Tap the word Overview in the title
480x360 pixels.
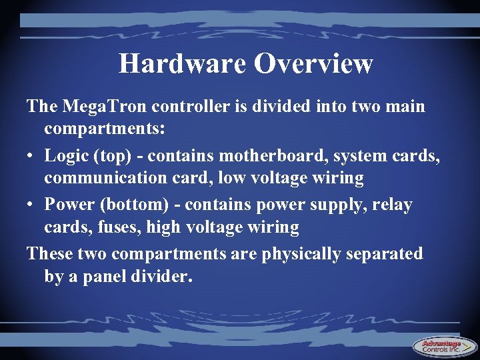click(313, 63)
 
